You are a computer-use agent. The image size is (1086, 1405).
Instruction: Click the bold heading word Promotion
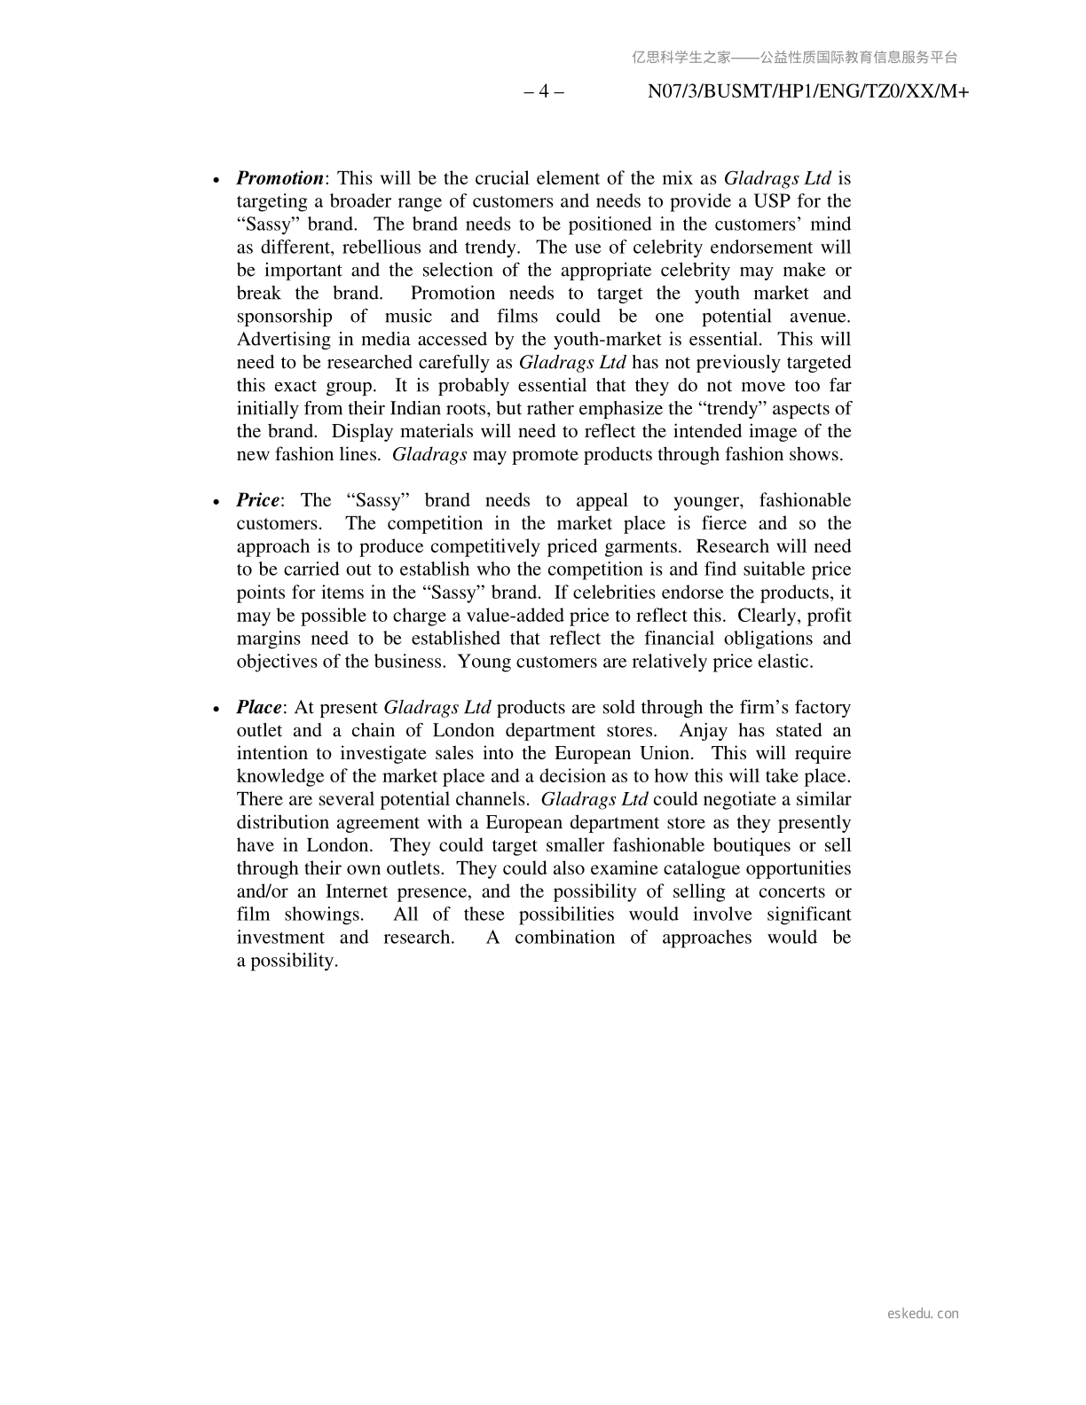279,178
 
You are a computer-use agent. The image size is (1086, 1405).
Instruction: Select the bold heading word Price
257,500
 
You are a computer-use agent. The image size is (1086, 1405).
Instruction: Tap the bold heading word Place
258,708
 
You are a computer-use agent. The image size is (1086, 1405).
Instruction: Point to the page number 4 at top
544,91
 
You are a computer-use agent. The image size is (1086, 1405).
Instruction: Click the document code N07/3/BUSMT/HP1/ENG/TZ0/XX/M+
808,91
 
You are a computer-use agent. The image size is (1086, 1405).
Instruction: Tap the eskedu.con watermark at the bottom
923,1314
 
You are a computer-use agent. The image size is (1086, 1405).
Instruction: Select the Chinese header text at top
794,58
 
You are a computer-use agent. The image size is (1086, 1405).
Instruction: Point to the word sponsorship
284,317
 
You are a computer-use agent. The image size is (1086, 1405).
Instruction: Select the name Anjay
703,731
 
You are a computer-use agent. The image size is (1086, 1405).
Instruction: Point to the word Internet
355,891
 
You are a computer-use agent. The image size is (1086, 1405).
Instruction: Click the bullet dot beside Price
216,502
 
